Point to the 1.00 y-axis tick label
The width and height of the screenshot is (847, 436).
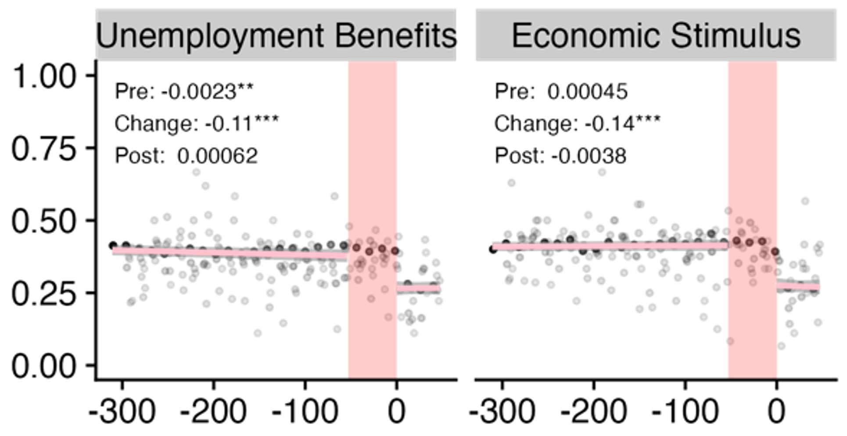point(43,76)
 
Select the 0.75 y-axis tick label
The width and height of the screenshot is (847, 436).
point(43,149)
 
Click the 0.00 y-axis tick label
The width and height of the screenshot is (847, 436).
point(43,366)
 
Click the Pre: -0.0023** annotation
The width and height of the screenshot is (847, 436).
point(184,92)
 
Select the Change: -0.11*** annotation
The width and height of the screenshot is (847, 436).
point(196,124)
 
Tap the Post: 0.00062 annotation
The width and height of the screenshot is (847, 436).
point(186,156)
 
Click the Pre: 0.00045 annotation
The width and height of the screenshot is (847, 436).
point(561,92)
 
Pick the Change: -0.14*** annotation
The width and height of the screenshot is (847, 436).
point(577,124)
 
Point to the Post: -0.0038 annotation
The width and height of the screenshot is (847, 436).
point(560,156)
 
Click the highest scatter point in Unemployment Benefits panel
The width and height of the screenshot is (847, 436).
point(196,172)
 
